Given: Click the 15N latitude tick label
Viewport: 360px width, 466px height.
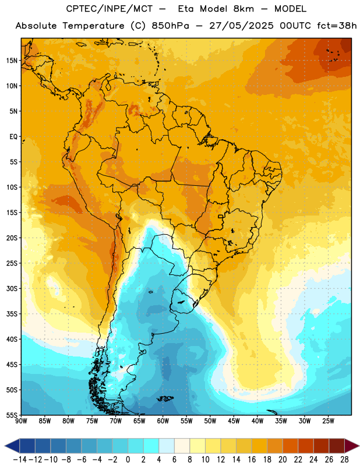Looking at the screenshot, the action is click(x=12, y=61).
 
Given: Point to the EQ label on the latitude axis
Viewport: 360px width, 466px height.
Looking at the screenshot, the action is click(x=13, y=137).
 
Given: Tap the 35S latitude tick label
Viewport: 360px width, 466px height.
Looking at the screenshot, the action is click(x=12, y=314).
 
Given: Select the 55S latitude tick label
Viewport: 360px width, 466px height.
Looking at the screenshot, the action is click(x=12, y=415).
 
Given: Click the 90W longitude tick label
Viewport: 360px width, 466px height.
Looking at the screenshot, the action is click(x=21, y=421).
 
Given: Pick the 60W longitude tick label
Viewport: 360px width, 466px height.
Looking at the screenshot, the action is click(x=163, y=421).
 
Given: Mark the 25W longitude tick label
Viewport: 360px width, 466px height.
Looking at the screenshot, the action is click(x=328, y=421).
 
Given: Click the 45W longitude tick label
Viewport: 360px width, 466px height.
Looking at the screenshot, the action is click(x=234, y=421).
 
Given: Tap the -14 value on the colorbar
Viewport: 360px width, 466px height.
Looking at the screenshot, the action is click(x=20, y=460).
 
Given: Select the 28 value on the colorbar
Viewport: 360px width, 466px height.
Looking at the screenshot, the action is click(x=344, y=460).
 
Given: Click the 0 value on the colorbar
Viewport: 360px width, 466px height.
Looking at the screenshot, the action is click(x=128, y=460).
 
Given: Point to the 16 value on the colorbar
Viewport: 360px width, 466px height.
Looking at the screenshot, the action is click(x=252, y=460).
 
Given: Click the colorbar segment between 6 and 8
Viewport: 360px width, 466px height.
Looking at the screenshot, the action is click(x=182, y=446).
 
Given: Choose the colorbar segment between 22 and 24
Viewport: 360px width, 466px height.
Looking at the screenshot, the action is click(x=306, y=446).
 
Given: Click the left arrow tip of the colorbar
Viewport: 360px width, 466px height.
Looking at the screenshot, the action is click(x=5, y=446).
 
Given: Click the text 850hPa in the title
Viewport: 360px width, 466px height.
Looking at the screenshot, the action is click(x=170, y=26).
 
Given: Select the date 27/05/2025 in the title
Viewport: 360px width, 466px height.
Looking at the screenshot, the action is click(x=241, y=26).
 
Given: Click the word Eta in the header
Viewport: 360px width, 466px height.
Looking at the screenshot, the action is click(x=186, y=9).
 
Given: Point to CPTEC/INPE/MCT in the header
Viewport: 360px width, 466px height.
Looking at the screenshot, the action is click(x=110, y=9).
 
